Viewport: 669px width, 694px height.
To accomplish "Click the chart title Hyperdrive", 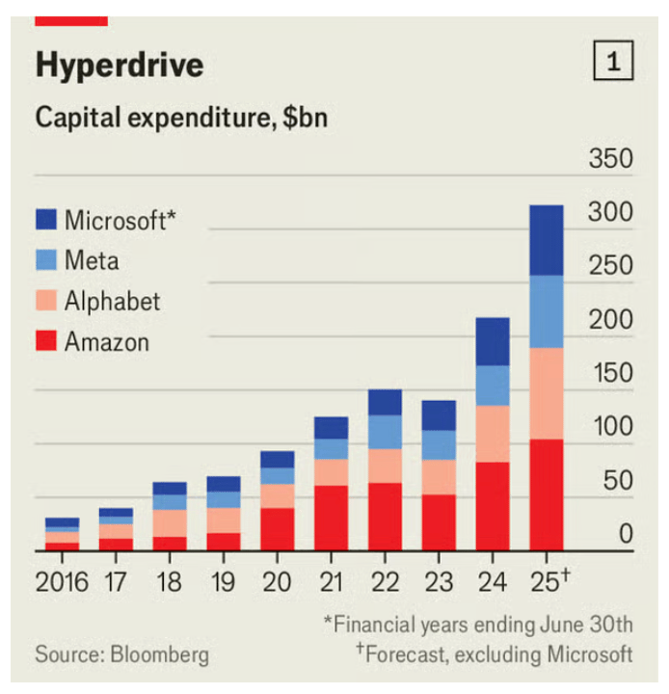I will point(120,65).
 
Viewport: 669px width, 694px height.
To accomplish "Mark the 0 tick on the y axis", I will point(625,533).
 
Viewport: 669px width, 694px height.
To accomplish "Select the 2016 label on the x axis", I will point(62,582).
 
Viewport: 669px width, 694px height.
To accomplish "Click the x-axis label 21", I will point(332,582).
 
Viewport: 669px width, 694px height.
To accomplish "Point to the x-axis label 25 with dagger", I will point(549,581).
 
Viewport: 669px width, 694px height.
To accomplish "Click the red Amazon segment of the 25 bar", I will point(547,495).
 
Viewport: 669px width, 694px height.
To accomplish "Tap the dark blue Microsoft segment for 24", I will point(493,341).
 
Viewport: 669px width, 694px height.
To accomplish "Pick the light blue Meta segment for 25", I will point(547,311).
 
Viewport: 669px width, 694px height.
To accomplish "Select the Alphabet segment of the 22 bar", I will point(385,466).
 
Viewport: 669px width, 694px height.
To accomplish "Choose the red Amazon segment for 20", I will point(278,529).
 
